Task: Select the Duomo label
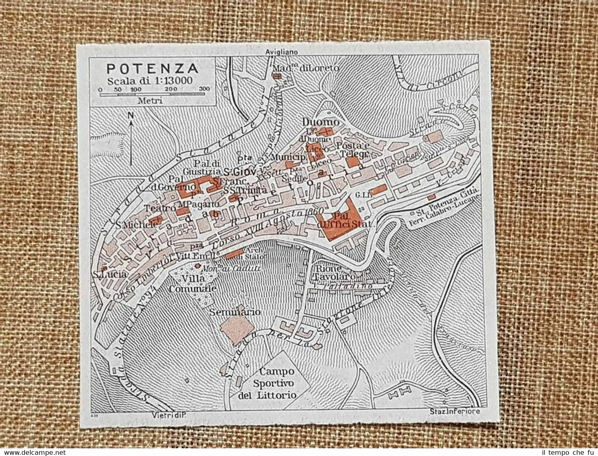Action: click(320, 122)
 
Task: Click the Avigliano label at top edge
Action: click(281, 52)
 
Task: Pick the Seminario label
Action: click(235, 312)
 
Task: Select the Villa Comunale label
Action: click(193, 283)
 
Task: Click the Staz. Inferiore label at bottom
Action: click(455, 411)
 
